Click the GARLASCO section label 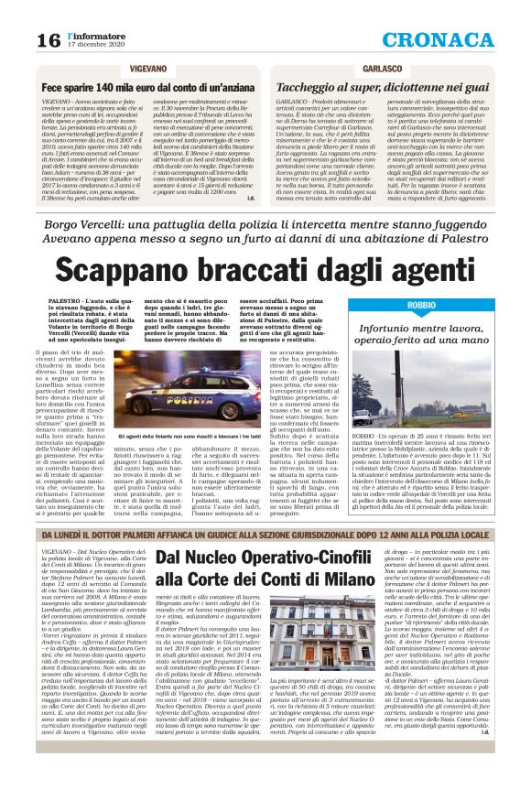(382, 69)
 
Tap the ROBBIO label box (423, 304)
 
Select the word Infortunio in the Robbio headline (417, 326)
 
